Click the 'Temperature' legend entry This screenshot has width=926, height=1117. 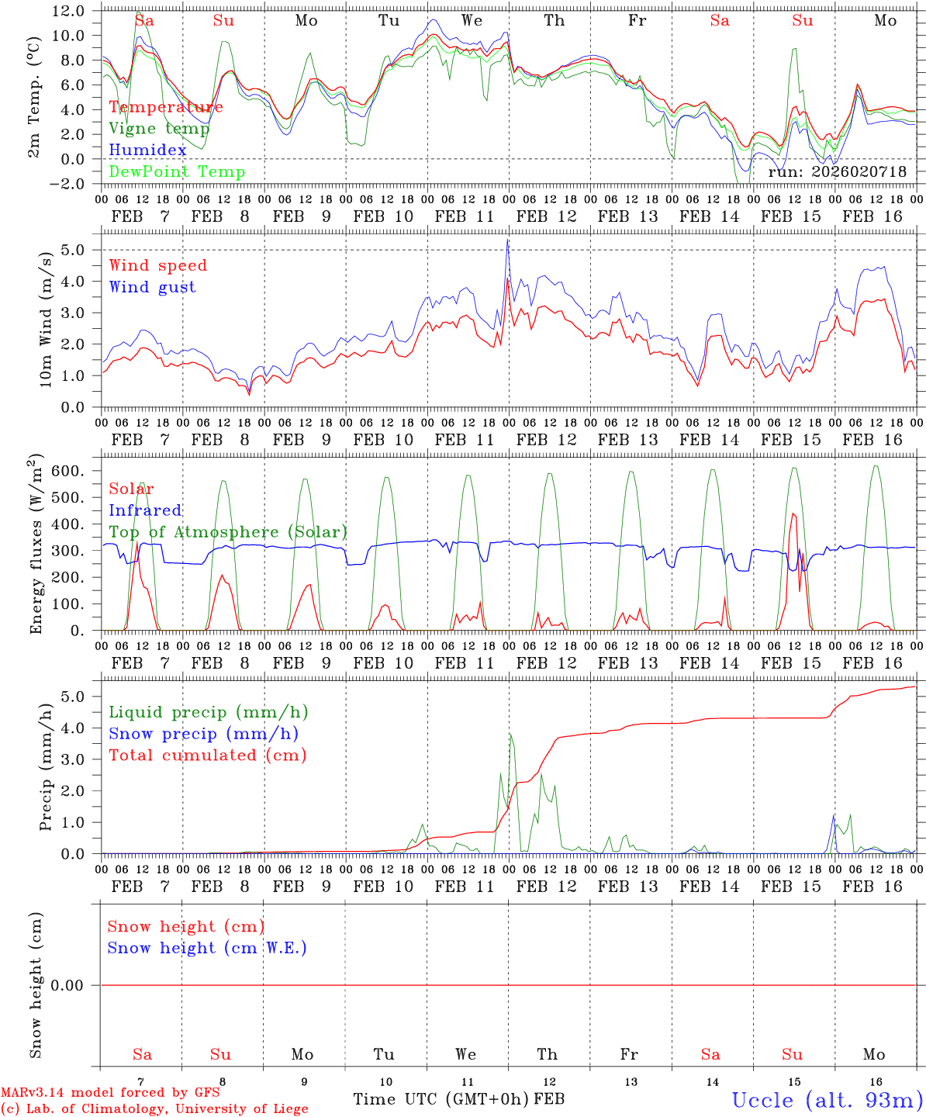coord(166,107)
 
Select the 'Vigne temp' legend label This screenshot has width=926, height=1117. coord(159,129)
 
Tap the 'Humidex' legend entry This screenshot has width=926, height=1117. coord(147,150)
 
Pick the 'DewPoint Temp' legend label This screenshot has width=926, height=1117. coord(177,172)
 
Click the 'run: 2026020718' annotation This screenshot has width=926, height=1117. coord(837,172)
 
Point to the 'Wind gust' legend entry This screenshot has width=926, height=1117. coord(152,287)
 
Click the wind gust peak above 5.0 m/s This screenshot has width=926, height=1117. coord(507,240)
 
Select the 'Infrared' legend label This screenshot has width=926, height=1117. coord(145,510)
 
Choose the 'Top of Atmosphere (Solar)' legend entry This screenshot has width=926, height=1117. coord(228,532)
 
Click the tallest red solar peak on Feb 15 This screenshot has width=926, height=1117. coord(793,514)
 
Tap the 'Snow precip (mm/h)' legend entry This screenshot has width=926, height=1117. coord(203,734)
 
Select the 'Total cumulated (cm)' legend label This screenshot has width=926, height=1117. coord(208,756)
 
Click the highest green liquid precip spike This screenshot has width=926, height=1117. coord(510,734)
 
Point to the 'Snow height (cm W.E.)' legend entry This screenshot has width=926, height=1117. coord(207,948)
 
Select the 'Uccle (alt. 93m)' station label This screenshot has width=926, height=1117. coord(828,1100)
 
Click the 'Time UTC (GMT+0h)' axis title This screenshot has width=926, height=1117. coord(441,1099)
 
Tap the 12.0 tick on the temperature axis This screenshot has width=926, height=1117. coord(69,11)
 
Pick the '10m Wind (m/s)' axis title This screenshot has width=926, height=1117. coord(47,319)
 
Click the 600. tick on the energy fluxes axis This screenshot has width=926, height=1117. coord(69,471)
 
